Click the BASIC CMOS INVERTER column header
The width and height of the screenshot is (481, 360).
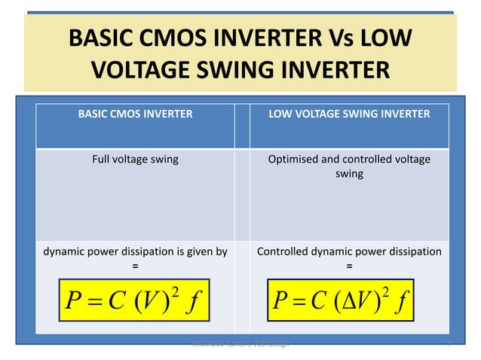pyautogui.click(x=135, y=114)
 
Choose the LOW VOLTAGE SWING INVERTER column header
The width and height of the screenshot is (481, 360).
pyautogui.click(x=349, y=114)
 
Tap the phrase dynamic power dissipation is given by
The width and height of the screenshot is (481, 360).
pyautogui.click(x=135, y=251)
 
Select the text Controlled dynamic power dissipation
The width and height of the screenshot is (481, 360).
pyautogui.click(x=349, y=251)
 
